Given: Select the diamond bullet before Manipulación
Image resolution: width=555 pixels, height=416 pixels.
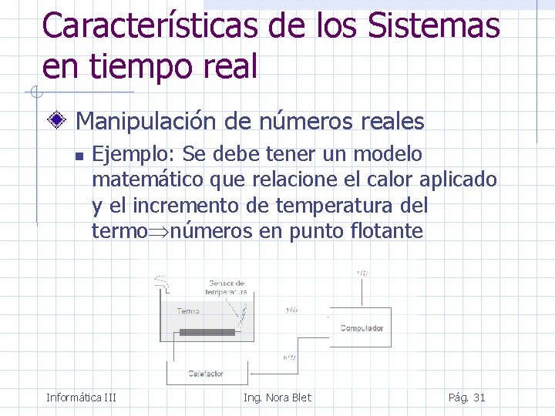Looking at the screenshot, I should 56,121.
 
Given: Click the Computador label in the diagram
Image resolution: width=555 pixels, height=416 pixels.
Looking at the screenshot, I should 362,328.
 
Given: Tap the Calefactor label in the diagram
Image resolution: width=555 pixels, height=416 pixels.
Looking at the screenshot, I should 206,374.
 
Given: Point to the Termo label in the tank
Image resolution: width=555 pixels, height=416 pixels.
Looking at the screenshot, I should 187,311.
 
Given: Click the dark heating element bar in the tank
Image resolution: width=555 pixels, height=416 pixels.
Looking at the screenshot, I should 207,332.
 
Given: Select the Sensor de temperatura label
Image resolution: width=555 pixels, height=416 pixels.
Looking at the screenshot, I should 226,288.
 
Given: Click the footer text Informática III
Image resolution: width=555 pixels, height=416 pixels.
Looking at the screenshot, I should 81,398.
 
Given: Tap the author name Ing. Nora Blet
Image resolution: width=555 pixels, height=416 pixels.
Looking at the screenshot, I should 277,398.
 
